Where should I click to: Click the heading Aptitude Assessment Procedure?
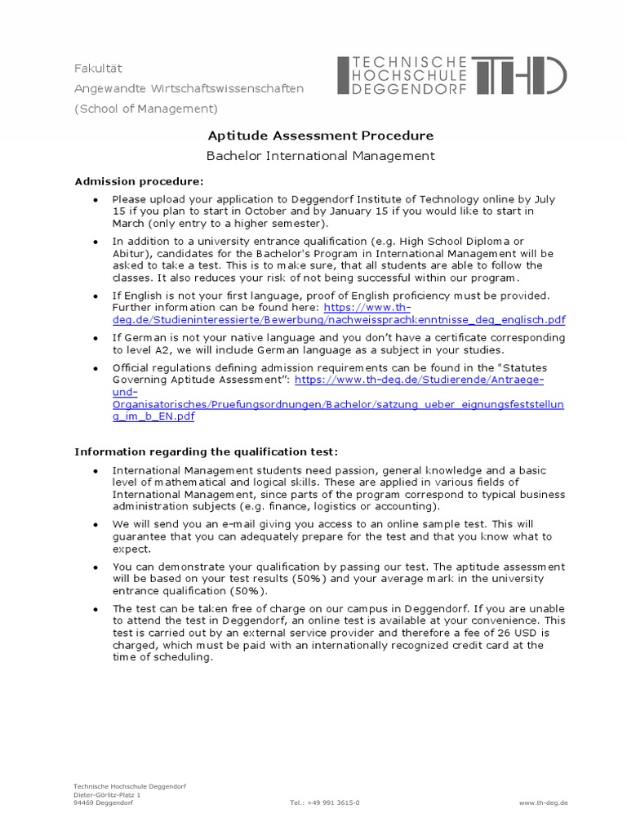pos(319,136)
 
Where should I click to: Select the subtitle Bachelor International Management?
pos(319,156)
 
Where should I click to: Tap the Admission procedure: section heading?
pos(139,180)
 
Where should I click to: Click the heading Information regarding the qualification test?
pos(206,451)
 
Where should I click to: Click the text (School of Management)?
pos(146,109)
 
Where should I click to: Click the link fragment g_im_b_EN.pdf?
pos(154,416)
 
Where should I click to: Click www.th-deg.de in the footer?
pos(543,803)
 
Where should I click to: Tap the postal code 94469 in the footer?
pos(85,803)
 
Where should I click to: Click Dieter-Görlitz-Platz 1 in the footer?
pos(107,794)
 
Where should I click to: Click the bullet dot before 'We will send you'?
pos(95,525)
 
